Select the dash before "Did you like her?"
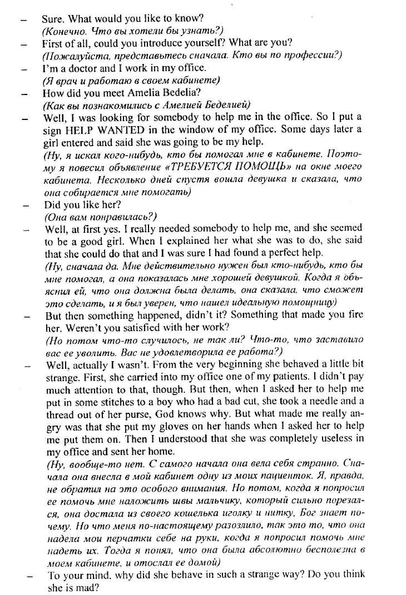[x=25, y=204]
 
